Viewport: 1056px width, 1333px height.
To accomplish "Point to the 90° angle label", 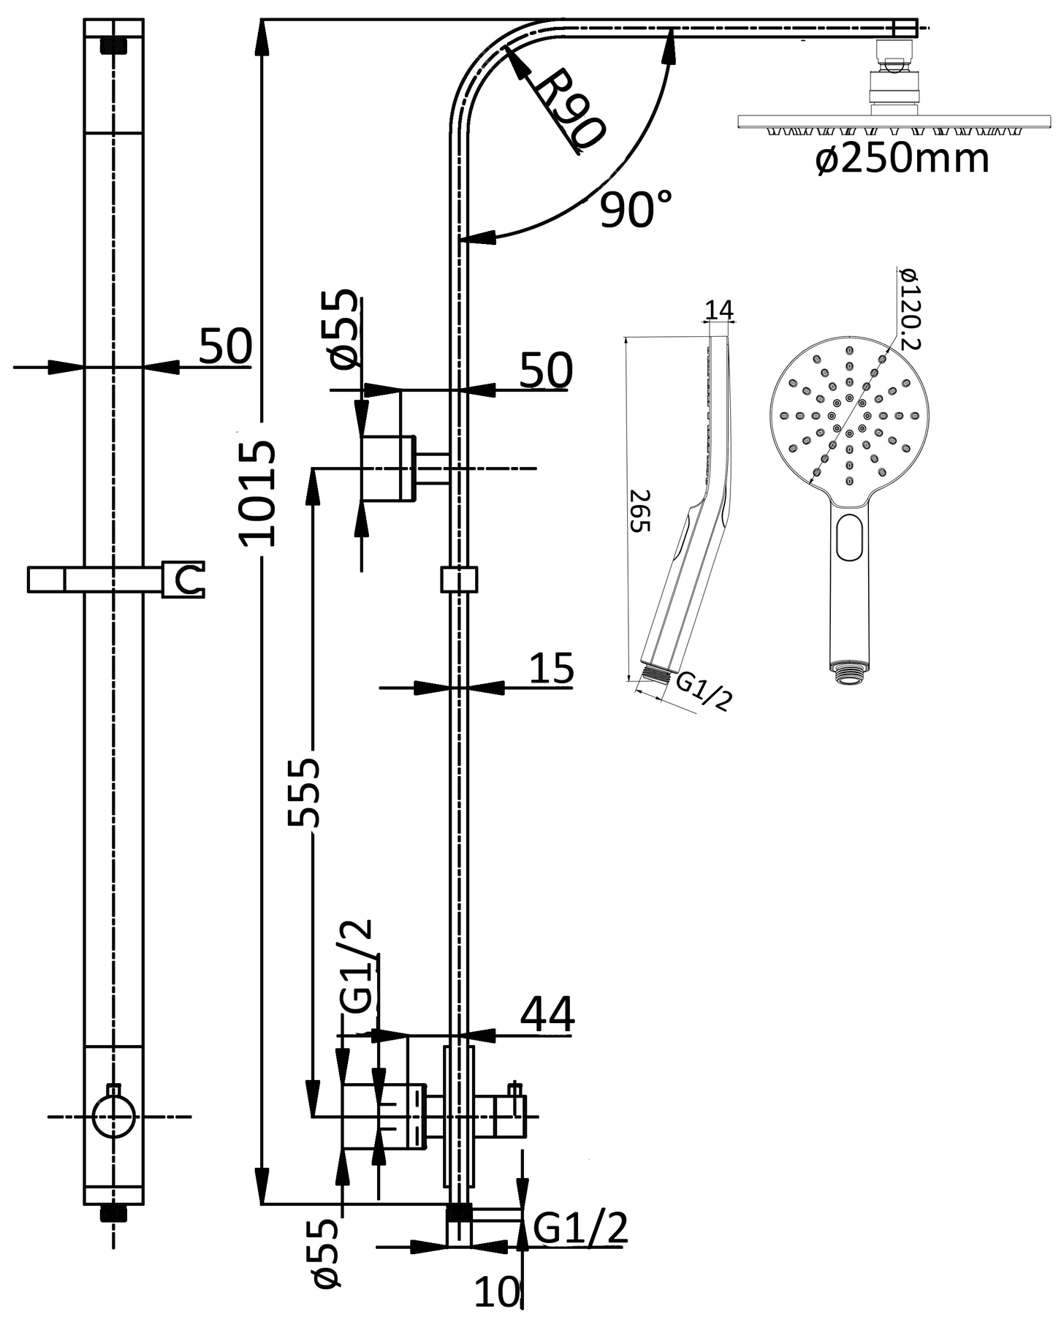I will point(634,210).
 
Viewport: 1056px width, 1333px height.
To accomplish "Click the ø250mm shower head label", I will point(903,159).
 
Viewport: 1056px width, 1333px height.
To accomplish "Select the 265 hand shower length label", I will point(639,511).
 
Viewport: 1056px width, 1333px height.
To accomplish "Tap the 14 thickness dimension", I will point(718,310).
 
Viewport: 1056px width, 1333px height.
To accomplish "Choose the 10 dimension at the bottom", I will point(496,1291).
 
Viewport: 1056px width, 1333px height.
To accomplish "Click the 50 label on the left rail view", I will point(225,346).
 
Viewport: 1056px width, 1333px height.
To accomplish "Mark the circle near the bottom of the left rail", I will point(114,1117).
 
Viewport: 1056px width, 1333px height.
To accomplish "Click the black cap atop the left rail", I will point(113,45).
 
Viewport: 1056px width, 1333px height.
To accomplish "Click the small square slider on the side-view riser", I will point(459,579).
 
